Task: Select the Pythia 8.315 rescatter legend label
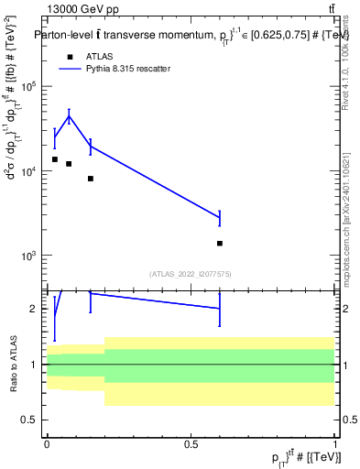pyautogui.click(x=131, y=69)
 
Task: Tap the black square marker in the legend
pyautogui.click(x=70, y=56)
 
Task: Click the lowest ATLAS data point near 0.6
pyautogui.click(x=220, y=244)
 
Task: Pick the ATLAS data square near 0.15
pyautogui.click(x=91, y=179)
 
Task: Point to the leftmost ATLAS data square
pyautogui.click(x=54, y=159)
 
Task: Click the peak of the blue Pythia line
pyautogui.click(x=69, y=115)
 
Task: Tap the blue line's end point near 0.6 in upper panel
pyautogui.click(x=220, y=217)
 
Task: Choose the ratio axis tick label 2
pyautogui.click(x=35, y=309)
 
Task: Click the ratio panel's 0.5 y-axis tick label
pyautogui.click(x=30, y=420)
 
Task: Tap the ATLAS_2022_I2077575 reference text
pyautogui.click(x=191, y=273)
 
